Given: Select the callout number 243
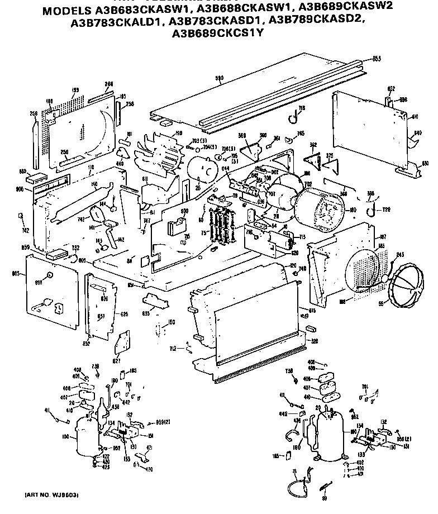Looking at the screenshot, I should point(400,256).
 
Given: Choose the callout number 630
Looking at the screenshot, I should point(426,164).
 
